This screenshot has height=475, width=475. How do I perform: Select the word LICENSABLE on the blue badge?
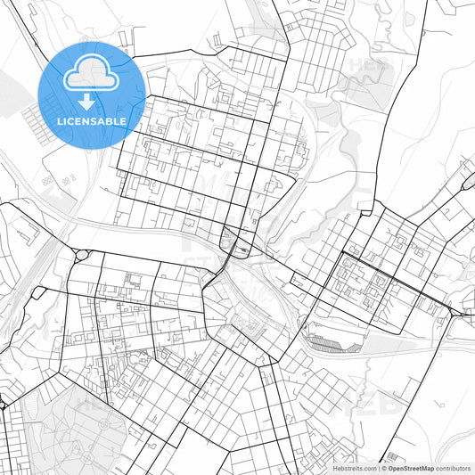pyautogui.click(x=92, y=120)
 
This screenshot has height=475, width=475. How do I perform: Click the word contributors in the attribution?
pyautogui.click(x=453, y=468)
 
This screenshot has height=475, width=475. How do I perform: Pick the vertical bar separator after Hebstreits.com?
pyautogui.click(x=380, y=468)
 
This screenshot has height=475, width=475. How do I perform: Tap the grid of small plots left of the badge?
pyautogui.click(x=36, y=116)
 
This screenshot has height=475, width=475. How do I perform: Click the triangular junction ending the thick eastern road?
pyautogui.click(x=456, y=313)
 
